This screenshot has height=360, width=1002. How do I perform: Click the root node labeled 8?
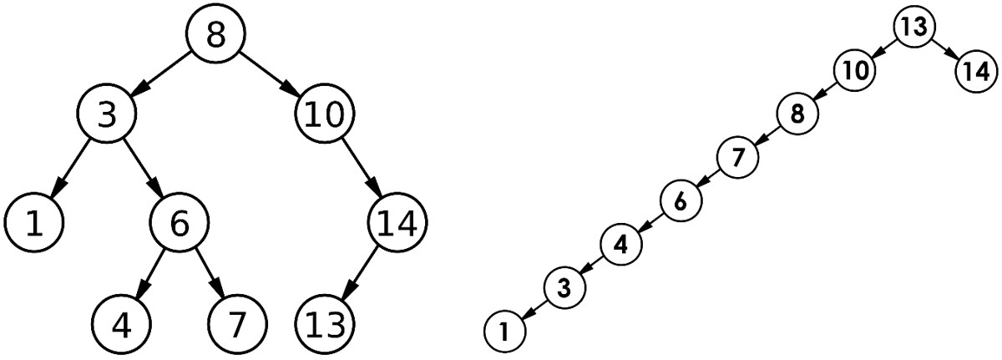click(215, 33)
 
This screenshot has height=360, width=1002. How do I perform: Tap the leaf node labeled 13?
click(324, 324)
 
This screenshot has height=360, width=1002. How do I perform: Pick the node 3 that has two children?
click(107, 113)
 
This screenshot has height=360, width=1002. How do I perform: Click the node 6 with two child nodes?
click(179, 222)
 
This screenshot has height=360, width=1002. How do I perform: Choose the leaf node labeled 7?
click(237, 324)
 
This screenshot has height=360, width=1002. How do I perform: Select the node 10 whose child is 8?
click(854, 70)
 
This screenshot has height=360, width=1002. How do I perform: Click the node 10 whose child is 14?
click(324, 113)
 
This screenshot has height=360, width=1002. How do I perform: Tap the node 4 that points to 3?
click(621, 244)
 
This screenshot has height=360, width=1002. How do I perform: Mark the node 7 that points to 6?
click(737, 157)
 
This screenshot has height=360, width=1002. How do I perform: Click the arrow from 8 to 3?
click(161, 74)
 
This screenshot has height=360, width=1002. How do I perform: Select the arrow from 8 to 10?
click(271, 74)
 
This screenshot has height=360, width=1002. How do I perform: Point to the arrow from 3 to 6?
click(143, 167)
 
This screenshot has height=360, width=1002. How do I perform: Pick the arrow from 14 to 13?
click(360, 274)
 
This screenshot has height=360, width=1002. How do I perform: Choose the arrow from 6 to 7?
click(209, 272)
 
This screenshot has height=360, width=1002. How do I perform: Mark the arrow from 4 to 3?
click(593, 266)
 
